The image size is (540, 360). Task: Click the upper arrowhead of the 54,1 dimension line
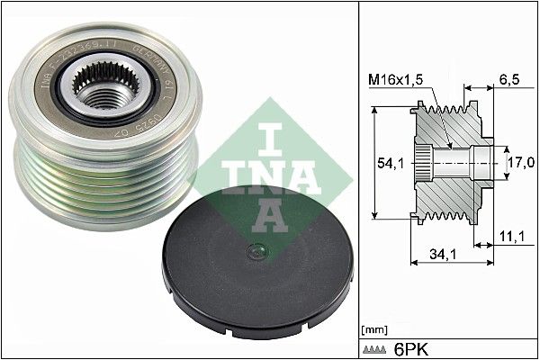point(372,110)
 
